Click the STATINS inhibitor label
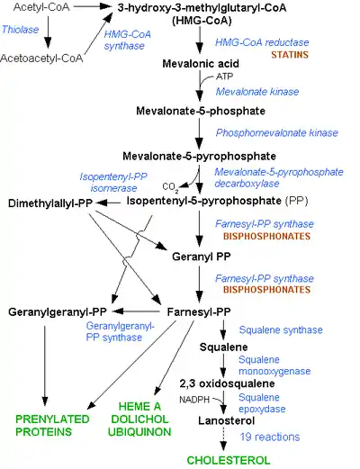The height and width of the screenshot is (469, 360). click(x=290, y=55)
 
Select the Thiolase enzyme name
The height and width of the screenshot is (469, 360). click(x=21, y=30)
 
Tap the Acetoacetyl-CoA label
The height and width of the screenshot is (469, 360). click(x=41, y=59)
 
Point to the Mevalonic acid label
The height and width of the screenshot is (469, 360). click(x=201, y=64)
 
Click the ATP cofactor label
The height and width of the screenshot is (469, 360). click(x=225, y=77)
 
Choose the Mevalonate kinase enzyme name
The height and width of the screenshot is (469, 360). click(x=257, y=92)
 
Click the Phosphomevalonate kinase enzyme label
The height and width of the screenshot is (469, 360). click(x=277, y=132)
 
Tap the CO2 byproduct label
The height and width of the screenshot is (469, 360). click(x=170, y=187)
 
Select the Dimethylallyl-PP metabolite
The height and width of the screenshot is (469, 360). click(x=50, y=203)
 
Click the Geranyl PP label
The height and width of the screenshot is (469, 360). click(x=202, y=257)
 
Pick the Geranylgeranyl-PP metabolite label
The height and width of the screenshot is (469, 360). click(x=58, y=312)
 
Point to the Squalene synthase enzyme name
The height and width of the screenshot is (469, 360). click(x=281, y=330)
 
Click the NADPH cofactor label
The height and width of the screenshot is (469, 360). click(x=194, y=400)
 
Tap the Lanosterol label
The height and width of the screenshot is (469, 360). click(x=227, y=420)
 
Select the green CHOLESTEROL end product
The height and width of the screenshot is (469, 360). click(x=229, y=460)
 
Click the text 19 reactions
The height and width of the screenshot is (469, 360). click(x=270, y=437)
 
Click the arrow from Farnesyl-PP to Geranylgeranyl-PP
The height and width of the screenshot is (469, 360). click(x=136, y=311)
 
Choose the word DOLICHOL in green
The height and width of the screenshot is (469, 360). click(x=139, y=419)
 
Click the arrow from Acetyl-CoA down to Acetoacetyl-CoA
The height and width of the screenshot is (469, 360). click(x=48, y=32)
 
